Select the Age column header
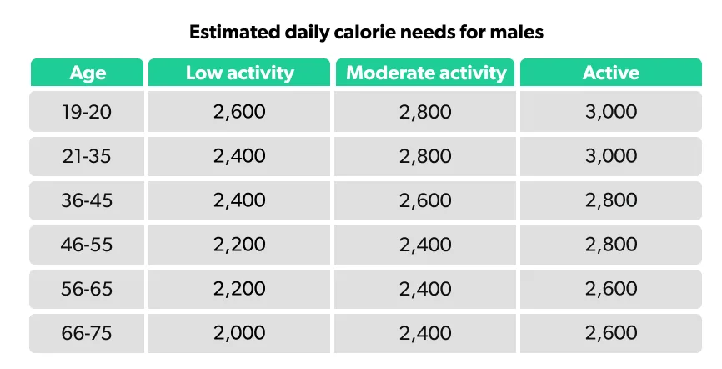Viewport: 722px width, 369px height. pos(88,73)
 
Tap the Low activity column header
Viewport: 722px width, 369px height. pos(239,73)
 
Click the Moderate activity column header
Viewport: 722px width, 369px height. pos(426,73)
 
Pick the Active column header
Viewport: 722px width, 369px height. pos(610,73)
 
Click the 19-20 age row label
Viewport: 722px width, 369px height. pos(88,112)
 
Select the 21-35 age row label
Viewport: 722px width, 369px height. pos(88,156)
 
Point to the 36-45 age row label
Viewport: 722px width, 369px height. pos(88,200)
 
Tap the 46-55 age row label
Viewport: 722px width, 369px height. pos(88,245)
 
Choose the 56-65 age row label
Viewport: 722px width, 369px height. pos(88,289)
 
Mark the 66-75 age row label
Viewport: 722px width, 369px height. pos(88,334)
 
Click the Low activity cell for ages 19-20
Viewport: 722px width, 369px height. pos(239,112)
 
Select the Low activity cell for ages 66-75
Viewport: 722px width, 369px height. pos(239,334)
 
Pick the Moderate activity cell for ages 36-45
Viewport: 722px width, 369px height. pos(426,200)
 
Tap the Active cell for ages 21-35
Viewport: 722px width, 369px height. pos(610,156)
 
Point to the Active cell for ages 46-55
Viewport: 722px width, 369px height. pos(610,245)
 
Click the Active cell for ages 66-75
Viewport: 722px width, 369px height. pos(610,334)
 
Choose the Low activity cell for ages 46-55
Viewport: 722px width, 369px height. pos(239,245)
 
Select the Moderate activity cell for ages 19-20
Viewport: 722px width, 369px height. pos(426,112)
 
